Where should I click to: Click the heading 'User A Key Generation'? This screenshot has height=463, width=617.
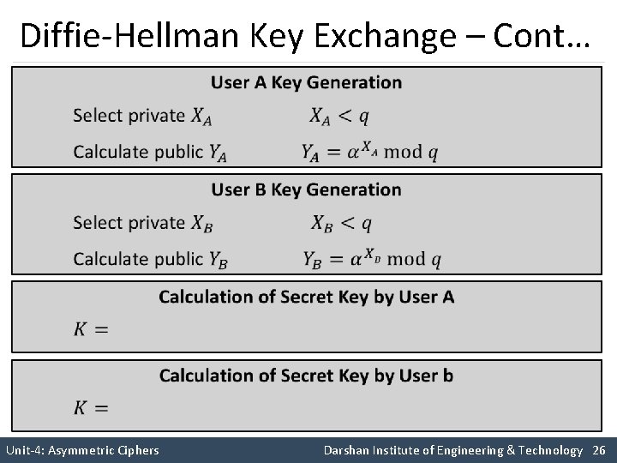306,83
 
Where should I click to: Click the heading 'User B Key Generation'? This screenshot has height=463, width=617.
306,189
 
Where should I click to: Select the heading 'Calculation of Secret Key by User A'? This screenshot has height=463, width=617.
306,298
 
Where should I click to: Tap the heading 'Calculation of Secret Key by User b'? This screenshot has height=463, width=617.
306,376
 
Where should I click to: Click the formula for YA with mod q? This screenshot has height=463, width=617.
370,152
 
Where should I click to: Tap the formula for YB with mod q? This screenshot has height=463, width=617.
372,258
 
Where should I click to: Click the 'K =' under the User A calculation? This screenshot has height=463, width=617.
90,329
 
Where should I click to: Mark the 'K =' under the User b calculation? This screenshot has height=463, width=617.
90,407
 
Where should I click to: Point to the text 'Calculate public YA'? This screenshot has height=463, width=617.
150,153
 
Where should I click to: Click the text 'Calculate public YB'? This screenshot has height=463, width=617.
150,259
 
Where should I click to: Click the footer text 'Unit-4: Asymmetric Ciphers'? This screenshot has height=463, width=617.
82,450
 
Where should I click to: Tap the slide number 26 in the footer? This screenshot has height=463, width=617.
599,450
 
